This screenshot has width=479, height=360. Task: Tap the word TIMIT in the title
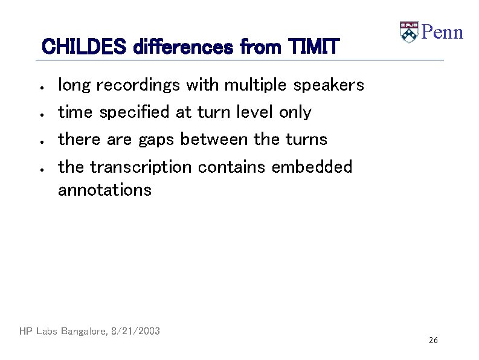pyautogui.click(x=314, y=46)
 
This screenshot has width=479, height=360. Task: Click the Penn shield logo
pyautogui.click(x=409, y=32)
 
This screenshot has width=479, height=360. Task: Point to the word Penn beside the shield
pyautogui.click(x=442, y=32)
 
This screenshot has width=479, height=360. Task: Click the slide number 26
pyautogui.click(x=433, y=341)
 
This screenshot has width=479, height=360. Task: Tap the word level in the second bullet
pyautogui.click(x=255, y=112)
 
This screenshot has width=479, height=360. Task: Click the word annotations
pyautogui.click(x=104, y=190)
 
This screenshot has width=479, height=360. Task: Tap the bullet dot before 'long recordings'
pyautogui.click(x=38, y=87)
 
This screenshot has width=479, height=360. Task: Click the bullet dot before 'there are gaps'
pyautogui.click(x=38, y=141)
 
